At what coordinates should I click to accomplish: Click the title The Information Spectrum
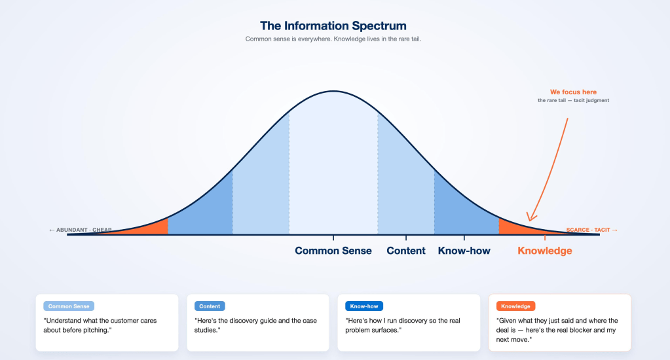[333, 26]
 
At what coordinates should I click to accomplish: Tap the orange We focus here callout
[573, 92]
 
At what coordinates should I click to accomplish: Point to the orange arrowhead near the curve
[530, 217]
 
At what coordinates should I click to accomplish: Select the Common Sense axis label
[333, 251]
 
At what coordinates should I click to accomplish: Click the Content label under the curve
[406, 251]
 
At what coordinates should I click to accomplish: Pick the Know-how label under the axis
[464, 251]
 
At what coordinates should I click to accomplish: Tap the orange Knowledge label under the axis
[545, 251]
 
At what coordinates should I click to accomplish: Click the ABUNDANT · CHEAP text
[84, 230]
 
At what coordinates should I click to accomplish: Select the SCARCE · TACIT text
[588, 230]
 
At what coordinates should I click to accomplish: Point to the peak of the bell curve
[333, 91]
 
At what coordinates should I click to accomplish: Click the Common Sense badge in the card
[69, 306]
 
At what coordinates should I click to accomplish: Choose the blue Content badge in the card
[210, 306]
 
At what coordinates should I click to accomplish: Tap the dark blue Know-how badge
[364, 306]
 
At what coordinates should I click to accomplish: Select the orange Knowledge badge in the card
[515, 306]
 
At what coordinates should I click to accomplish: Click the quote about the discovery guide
[255, 325]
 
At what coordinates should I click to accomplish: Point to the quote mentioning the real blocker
[557, 330]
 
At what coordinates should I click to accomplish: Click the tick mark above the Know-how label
[464, 238]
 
